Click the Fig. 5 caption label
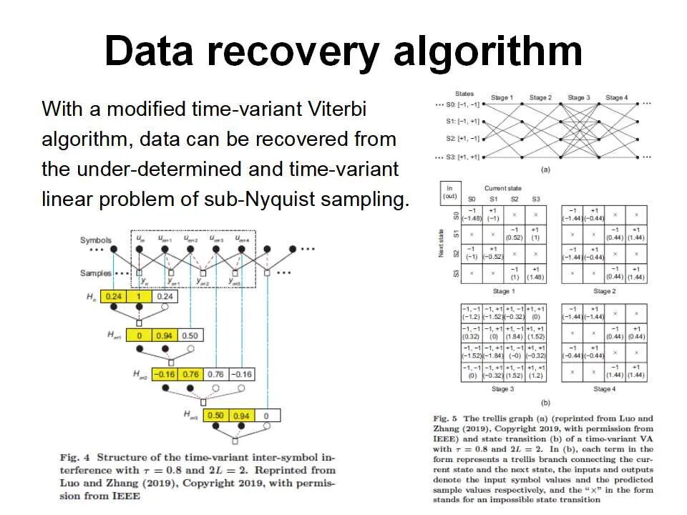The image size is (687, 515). [445, 418]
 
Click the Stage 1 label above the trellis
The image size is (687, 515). [502, 97]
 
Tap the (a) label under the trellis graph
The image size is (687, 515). [545, 170]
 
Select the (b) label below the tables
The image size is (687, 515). [545, 403]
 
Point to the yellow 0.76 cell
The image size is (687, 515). [191, 374]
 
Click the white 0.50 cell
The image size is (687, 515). [190, 335]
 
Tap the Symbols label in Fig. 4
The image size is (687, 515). [95, 240]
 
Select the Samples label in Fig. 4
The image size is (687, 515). [95, 273]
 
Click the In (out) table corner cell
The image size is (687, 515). [450, 192]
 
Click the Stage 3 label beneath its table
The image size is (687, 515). [502, 389]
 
